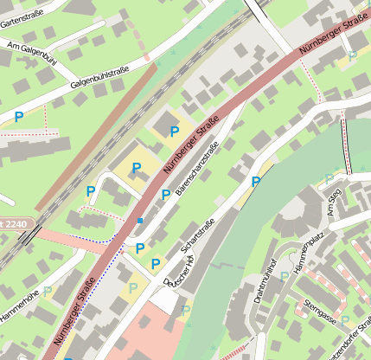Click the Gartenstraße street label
(22, 14)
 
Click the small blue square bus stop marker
(140, 221)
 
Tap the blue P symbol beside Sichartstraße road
(255, 182)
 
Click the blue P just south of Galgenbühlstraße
(18, 117)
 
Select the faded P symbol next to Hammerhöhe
(47, 292)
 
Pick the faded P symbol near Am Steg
(328, 178)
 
